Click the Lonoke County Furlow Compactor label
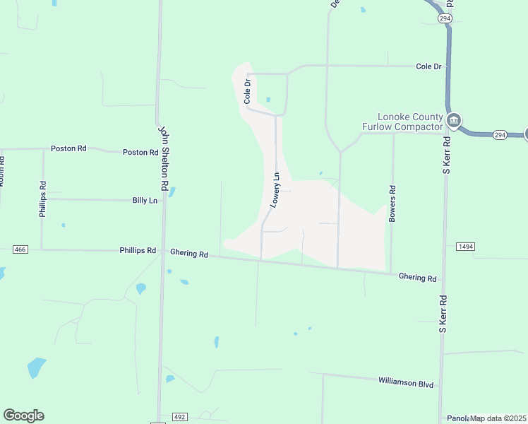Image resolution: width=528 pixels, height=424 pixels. click(409, 122)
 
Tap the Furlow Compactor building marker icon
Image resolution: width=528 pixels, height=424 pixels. click(455, 122)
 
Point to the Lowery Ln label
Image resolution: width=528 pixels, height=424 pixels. click(276, 190)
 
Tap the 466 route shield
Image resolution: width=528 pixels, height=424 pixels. click(20, 249)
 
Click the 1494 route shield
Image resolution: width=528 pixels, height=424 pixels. click(464, 246)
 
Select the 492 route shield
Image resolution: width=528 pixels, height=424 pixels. click(179, 417)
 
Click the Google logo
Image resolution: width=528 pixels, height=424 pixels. click(23, 415)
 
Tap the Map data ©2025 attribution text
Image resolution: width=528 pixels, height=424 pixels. click(498, 418)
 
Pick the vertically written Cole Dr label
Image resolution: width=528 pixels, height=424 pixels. click(248, 91)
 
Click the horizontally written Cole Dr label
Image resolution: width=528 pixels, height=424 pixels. click(428, 66)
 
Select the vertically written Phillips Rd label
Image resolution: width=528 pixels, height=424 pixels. click(43, 199)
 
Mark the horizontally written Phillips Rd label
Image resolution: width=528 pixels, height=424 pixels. click(137, 250)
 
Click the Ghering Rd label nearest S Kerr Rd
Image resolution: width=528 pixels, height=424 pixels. click(418, 278)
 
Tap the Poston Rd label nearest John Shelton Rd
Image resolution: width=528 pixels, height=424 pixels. click(140, 152)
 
